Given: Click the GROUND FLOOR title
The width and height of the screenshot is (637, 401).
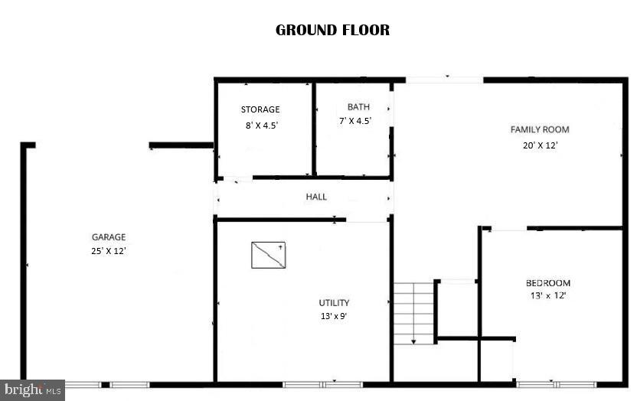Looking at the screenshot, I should coord(332,31).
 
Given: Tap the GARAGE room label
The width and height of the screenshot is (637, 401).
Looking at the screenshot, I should coord(109,237).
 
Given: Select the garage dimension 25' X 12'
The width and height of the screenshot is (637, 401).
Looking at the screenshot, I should coord(109,250).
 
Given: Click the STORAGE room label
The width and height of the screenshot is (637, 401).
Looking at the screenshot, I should coord(260,109).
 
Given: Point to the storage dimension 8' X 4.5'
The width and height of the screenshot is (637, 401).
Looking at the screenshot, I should coord(260,126).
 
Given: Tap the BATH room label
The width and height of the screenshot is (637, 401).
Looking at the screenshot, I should coord(358,107).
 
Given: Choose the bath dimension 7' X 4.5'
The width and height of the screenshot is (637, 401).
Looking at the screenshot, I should coord(355,121).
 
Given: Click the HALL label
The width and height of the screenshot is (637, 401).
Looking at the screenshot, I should coord(316,197).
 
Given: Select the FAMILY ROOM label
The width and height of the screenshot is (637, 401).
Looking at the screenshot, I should coord(540,129).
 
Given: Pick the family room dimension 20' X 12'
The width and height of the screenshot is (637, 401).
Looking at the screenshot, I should coord(540,145).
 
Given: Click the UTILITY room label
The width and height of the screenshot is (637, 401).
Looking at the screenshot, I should coord(335,303).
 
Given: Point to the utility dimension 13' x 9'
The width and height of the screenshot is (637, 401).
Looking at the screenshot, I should coord(335,316).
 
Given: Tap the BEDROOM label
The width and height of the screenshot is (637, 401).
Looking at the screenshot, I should coord(547,283).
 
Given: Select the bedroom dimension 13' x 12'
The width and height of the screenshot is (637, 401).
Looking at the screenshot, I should coord(547,295).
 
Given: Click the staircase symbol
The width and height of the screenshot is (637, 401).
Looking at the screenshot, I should coord(414,312).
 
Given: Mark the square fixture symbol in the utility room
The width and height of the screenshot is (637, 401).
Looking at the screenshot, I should coord(268,255).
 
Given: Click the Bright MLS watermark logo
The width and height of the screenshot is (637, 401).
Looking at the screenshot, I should coord(31,390).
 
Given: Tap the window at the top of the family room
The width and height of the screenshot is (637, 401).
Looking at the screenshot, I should coord(444,79).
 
